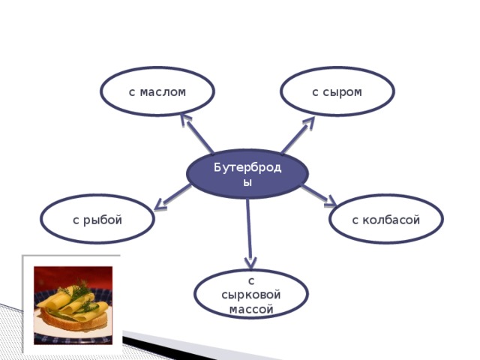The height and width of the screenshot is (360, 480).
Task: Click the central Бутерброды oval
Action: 247,174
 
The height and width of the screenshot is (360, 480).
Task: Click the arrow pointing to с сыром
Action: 298,135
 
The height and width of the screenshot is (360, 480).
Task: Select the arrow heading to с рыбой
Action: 172,197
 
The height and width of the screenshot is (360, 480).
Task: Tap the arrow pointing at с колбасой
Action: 319,196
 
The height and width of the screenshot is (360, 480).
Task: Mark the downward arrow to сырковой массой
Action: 249,234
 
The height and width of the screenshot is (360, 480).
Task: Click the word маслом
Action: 163,92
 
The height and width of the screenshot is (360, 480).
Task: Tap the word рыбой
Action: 103,220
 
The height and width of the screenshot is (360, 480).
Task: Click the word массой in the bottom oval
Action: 251,309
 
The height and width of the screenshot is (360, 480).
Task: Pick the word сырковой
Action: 251,295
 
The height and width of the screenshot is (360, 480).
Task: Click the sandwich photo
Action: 73,305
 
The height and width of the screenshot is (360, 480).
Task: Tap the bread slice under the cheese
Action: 74,321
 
